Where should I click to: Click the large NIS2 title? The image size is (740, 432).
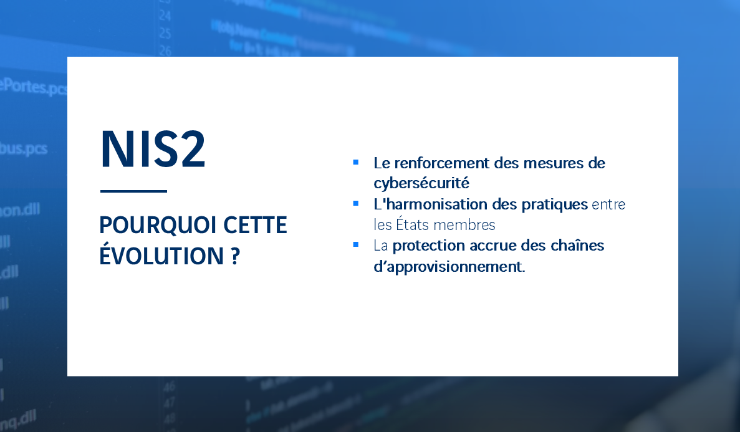pos(153,150)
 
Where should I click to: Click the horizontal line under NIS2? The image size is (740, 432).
pos(133,191)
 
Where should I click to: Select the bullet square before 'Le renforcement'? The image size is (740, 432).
pos(355,162)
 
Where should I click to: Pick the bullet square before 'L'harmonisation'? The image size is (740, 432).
pos(355,203)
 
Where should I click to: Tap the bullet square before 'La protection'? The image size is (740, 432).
pos(355,244)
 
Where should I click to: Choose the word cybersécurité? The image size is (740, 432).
pos(421,183)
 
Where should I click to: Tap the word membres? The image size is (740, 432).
pos(469,224)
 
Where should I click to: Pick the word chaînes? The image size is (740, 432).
pos(577,245)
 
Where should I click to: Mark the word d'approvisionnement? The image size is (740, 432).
pos(449,267)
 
